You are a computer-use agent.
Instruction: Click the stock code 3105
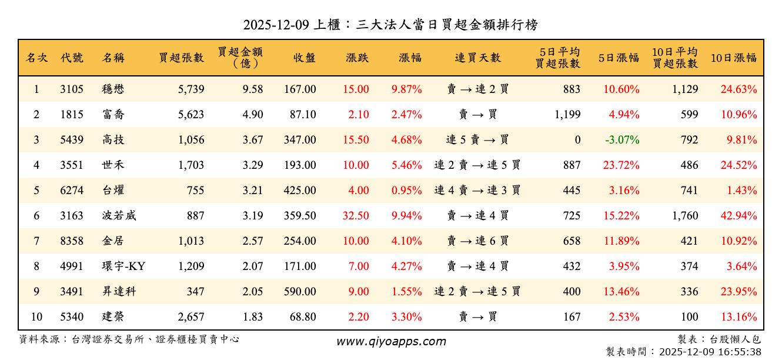pos(72,89)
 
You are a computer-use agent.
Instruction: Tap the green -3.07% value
pos(621,140)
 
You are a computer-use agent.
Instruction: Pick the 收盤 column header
pos(305,58)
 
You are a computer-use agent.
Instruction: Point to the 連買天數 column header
pos(477,58)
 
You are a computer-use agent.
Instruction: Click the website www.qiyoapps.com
pos(391,341)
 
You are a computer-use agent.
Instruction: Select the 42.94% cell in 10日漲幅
pos(738,216)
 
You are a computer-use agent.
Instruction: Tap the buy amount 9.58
pos(253,89)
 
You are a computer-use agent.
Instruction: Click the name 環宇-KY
pos(123,266)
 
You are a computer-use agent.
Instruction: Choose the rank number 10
pos(36,317)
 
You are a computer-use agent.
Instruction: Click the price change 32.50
pos(356,216)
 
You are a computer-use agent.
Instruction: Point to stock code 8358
pos(72,241)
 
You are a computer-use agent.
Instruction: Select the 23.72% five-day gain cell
pos(621,165)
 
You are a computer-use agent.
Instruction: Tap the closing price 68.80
pos(303,317)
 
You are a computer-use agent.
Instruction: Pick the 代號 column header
pos(72,58)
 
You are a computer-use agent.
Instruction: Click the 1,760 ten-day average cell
pos(685,216)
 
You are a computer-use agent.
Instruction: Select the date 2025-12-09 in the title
pos(276,25)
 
